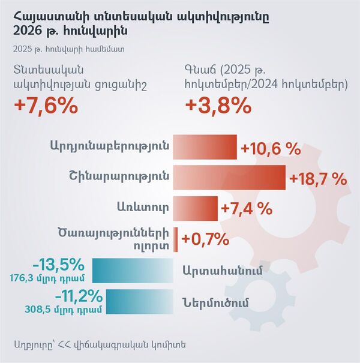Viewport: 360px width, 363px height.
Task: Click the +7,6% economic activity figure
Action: [x=46, y=106]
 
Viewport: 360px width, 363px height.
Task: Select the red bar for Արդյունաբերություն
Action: [x=205, y=148]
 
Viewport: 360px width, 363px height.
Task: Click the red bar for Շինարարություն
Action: [x=229, y=178]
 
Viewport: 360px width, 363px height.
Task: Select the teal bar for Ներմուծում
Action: [x=139, y=301]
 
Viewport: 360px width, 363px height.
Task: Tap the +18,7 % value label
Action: [x=318, y=179]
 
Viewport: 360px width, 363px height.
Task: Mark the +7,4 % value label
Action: [x=247, y=209]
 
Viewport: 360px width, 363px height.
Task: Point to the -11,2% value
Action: [x=76, y=296]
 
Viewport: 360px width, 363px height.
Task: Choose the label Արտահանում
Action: [x=223, y=270]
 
